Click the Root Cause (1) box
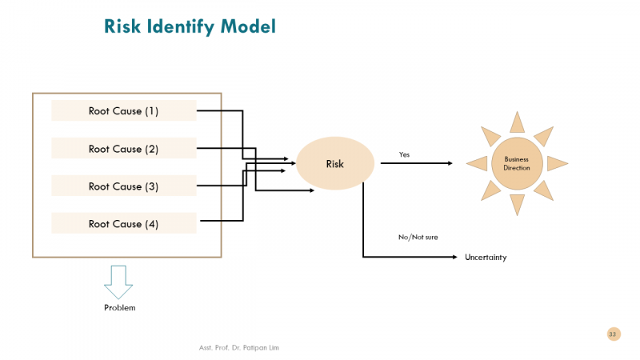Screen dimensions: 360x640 (124, 111)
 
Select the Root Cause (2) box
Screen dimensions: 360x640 (124, 149)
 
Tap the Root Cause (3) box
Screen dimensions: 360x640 (124, 186)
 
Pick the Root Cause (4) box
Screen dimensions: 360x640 (124, 224)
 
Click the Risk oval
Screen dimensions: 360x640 (335, 164)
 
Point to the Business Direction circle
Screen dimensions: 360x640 (517, 163)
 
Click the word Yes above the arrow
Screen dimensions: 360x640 (404, 154)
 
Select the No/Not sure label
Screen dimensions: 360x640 (418, 237)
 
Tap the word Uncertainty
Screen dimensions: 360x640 (486, 258)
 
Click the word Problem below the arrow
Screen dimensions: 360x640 (120, 308)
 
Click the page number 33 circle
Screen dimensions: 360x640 (613, 334)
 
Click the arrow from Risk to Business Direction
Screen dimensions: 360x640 (416, 163)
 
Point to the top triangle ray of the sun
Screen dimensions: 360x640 (517, 122)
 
